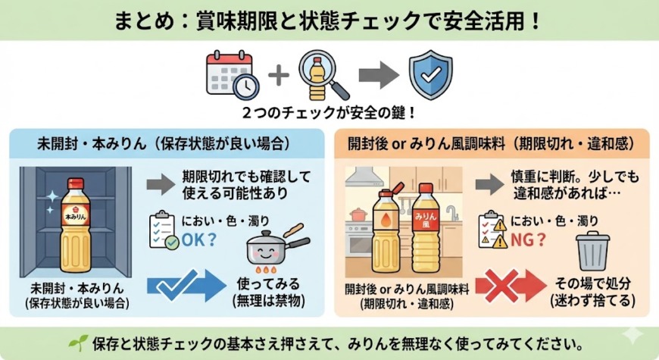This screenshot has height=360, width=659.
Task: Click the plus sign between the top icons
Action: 279,75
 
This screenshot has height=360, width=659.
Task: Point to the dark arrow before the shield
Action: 379,75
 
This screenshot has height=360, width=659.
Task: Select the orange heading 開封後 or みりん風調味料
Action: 497,142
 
